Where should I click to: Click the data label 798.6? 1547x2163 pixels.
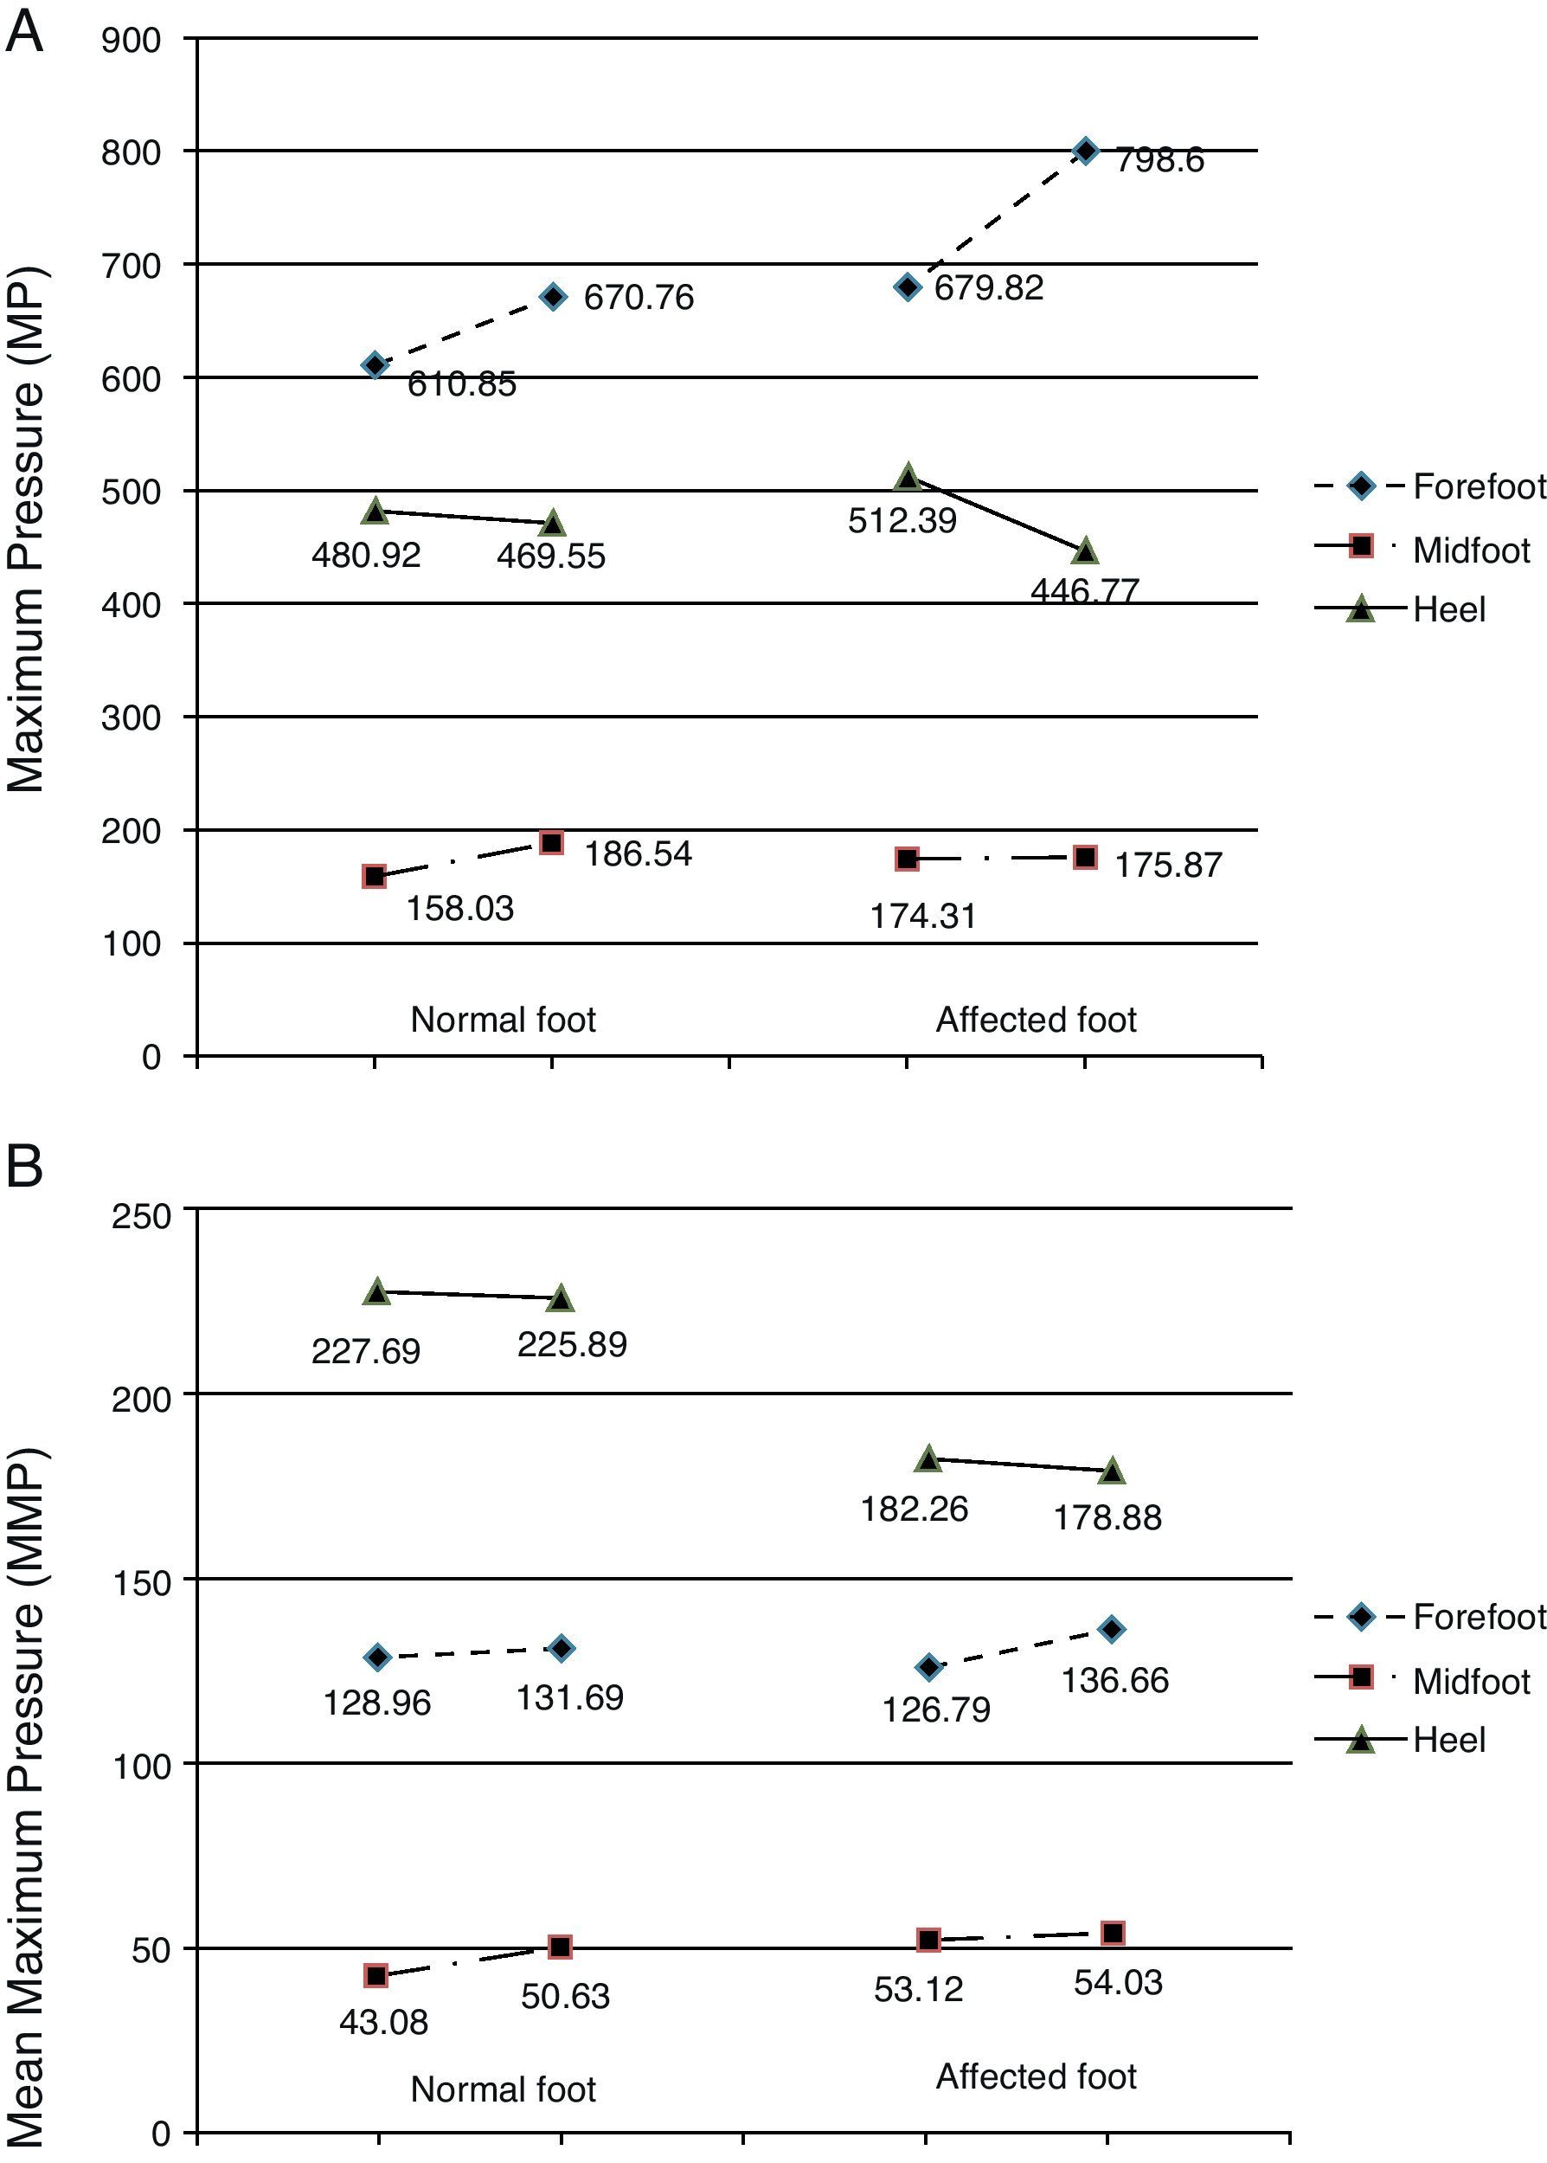pyautogui.click(x=1159, y=160)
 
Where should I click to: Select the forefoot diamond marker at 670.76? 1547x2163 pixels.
pyautogui.click(x=554, y=296)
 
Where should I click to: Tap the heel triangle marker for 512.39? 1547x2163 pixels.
pyautogui.click(x=908, y=478)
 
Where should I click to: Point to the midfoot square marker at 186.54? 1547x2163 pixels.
pyautogui.click(x=551, y=842)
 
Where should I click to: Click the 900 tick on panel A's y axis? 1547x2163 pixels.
pyautogui.click(x=132, y=40)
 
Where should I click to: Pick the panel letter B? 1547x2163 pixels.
pyautogui.click(x=24, y=1164)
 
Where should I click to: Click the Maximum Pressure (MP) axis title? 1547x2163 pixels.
pyautogui.click(x=26, y=530)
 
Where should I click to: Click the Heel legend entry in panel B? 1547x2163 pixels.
pyautogui.click(x=1448, y=1740)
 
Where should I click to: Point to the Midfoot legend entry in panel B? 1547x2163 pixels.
pyautogui.click(x=1471, y=1681)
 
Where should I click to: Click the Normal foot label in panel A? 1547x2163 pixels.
pyautogui.click(x=503, y=1020)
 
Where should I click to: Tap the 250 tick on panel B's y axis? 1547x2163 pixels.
pyautogui.click(x=141, y=1217)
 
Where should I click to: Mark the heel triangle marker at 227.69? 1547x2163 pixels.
pyautogui.click(x=377, y=1292)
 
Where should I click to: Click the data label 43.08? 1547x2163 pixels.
pyautogui.click(x=384, y=2022)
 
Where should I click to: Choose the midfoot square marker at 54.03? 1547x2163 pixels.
pyautogui.click(x=1113, y=1934)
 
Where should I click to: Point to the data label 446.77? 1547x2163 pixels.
pyautogui.click(x=1085, y=591)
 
